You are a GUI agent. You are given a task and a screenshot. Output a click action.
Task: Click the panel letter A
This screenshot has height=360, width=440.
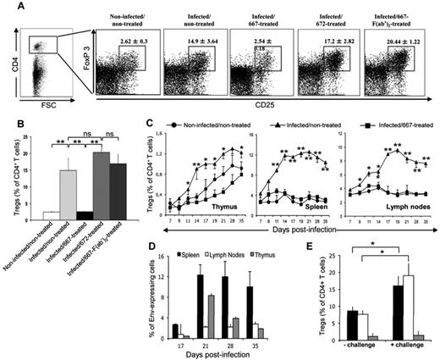(x=11, y=9)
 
